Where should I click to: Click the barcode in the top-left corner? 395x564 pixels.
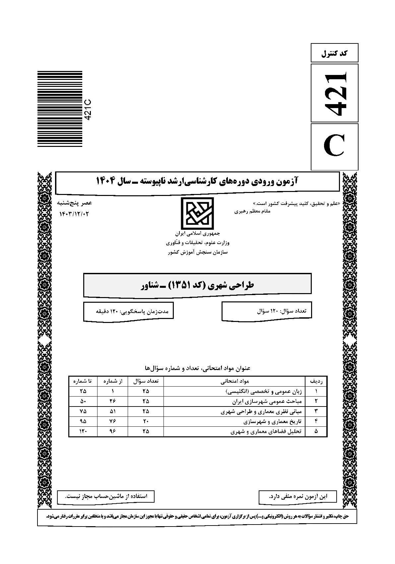[60, 109]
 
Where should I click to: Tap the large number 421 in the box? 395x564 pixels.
[334, 93]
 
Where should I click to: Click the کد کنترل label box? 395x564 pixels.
[334, 53]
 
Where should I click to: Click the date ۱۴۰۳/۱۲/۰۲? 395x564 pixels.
[74, 214]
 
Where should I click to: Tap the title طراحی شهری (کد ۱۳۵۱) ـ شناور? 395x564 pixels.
[197, 285]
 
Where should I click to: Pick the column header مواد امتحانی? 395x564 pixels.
[234, 381]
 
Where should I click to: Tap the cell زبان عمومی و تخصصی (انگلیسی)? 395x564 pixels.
[264, 391]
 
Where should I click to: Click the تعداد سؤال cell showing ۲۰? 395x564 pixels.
[146, 422]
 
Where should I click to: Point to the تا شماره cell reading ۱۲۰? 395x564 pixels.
[83, 432]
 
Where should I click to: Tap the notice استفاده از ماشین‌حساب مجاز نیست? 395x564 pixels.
[106, 496]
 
